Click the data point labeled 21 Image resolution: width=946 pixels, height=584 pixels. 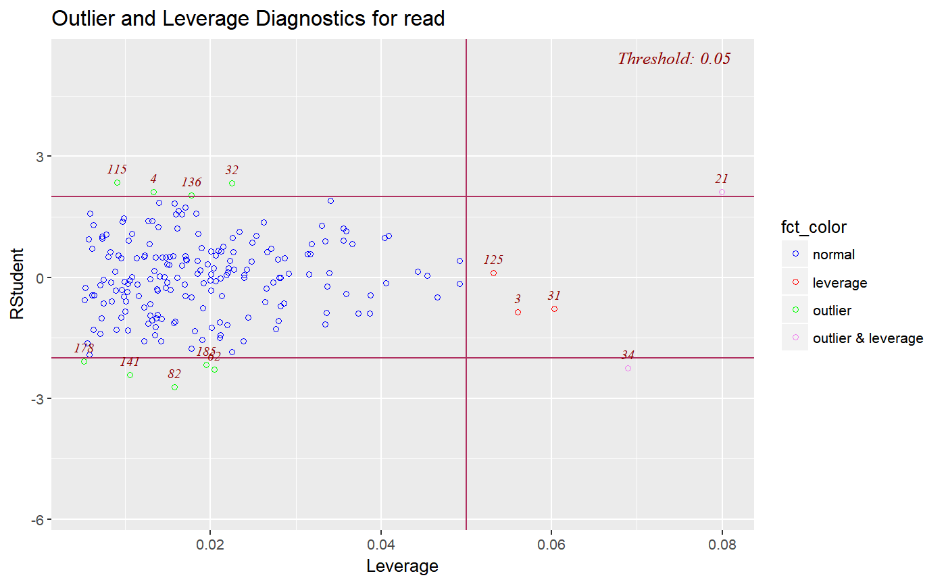click(x=722, y=192)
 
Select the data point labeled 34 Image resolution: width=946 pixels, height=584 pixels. click(x=628, y=368)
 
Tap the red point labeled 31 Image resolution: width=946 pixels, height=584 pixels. click(x=554, y=309)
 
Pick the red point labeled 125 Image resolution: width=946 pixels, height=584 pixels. click(x=493, y=273)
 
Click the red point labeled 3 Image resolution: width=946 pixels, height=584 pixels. click(x=518, y=312)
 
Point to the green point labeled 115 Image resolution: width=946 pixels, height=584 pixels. click(x=117, y=183)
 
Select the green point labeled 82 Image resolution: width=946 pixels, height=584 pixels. click(x=174, y=387)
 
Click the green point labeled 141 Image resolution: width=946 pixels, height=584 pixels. click(x=130, y=375)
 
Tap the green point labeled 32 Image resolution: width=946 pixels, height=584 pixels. click(x=232, y=183)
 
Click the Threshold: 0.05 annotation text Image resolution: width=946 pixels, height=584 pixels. click(x=674, y=59)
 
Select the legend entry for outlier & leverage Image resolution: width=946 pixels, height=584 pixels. click(x=868, y=338)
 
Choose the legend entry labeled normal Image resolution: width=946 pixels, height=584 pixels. click(x=833, y=255)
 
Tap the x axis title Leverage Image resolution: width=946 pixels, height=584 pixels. click(x=402, y=566)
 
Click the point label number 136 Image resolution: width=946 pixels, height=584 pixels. click(x=191, y=182)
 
